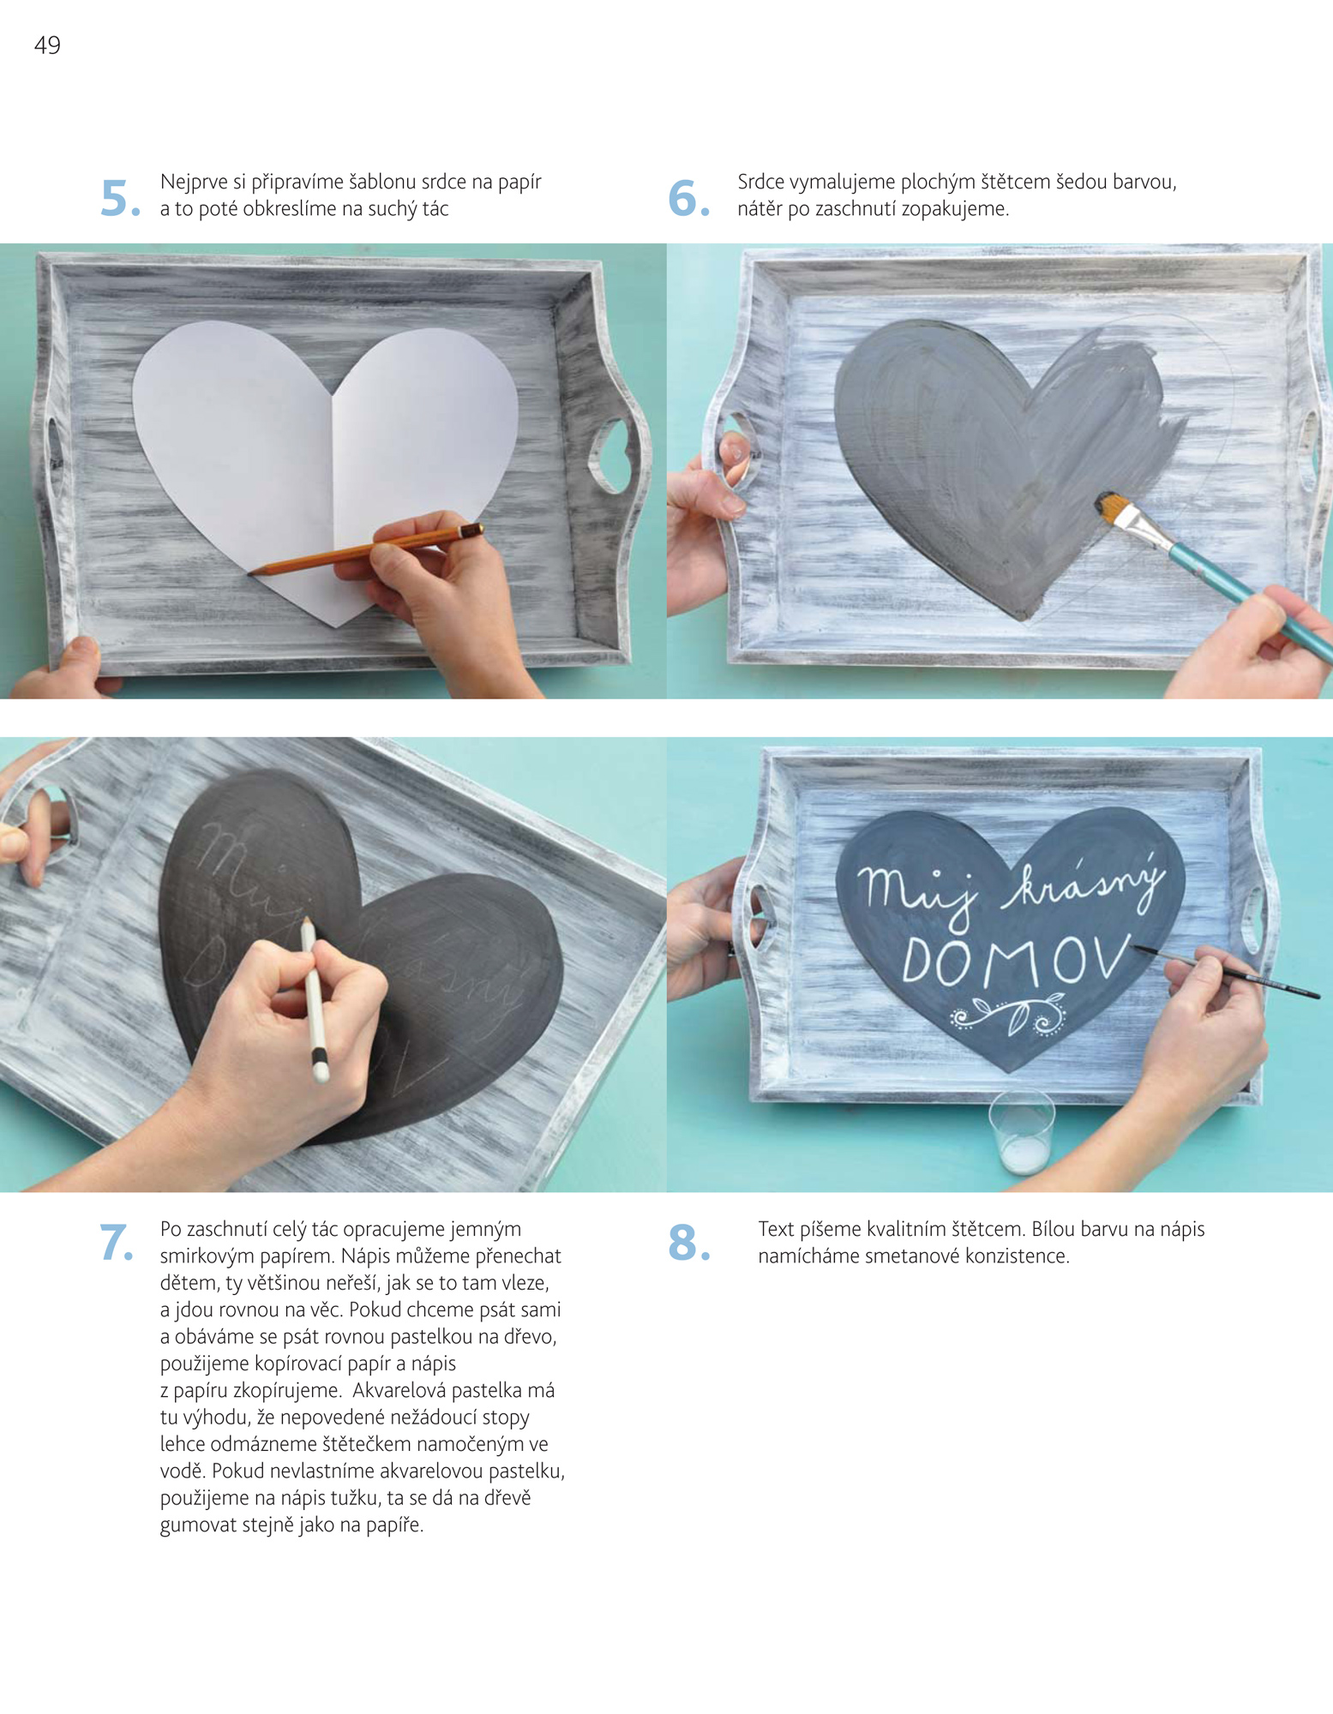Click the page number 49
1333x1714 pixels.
coord(47,45)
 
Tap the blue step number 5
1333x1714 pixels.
coord(120,198)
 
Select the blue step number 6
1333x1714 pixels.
coord(688,198)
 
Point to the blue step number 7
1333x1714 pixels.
coord(117,1243)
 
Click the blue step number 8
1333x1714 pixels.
coord(689,1243)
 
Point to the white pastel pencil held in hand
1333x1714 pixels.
coord(315,998)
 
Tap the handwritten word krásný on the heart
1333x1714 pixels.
coord(1087,883)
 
